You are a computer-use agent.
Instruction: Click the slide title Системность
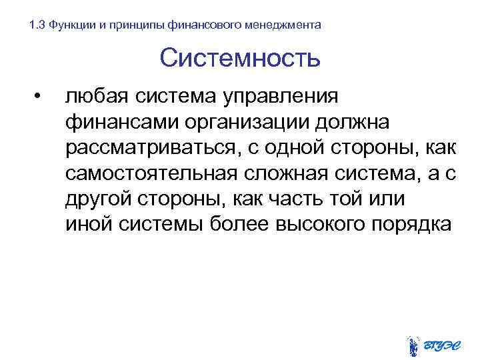click(240, 59)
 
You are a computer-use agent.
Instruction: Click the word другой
click(96, 199)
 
